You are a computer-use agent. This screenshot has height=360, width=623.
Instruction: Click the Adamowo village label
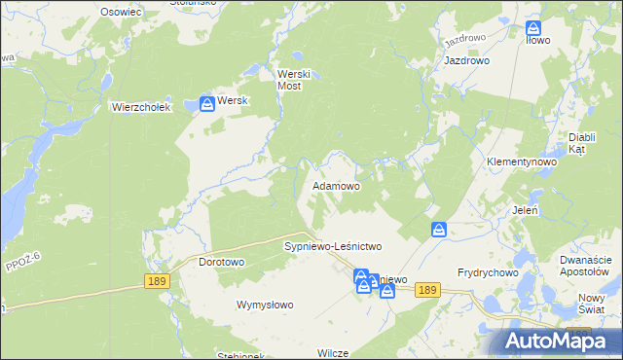[336, 185]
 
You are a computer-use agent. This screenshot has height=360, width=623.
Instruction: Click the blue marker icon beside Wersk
[207, 103]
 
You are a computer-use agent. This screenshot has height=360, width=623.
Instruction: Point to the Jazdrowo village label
[466, 60]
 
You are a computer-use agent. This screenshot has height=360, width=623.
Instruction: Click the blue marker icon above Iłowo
[533, 29]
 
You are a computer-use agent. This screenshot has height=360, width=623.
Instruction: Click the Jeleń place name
[525, 209]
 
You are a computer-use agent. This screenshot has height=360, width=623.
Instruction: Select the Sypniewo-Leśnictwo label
[333, 247]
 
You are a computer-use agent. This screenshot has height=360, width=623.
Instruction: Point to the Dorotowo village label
[221, 263]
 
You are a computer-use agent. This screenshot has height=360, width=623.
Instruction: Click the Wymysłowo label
[266, 305]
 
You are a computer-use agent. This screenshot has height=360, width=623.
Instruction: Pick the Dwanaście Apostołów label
[586, 266]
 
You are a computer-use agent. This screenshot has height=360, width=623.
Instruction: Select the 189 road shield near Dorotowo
[157, 281]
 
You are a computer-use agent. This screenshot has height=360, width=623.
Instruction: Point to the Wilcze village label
[332, 353]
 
